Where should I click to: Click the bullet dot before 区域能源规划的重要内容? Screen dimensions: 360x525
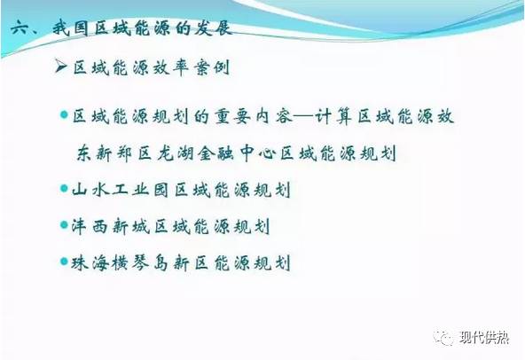click(63, 117)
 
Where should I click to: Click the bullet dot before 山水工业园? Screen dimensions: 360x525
click(63, 189)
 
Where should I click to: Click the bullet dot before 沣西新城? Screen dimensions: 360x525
click(63, 225)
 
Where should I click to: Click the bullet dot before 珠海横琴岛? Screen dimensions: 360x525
click(63, 262)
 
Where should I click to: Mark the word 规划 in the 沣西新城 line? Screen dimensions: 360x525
click(248, 226)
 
